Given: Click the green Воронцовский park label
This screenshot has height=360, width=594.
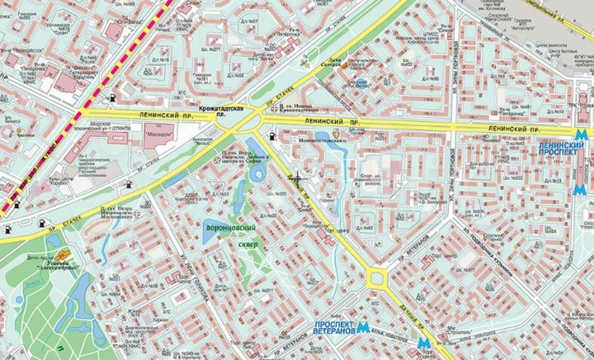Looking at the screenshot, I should click(x=230, y=227).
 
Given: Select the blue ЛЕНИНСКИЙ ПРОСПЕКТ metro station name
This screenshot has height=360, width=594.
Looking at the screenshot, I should click(x=563, y=149).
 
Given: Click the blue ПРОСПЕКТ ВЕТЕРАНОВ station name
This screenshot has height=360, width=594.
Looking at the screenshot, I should click(x=333, y=328).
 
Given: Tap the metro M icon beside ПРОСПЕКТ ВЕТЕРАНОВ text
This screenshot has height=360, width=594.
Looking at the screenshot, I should click(x=363, y=328).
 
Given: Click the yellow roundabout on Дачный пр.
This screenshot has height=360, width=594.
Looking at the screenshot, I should click(x=379, y=278).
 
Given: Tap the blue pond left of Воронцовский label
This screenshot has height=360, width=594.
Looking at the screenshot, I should click(x=209, y=232).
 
